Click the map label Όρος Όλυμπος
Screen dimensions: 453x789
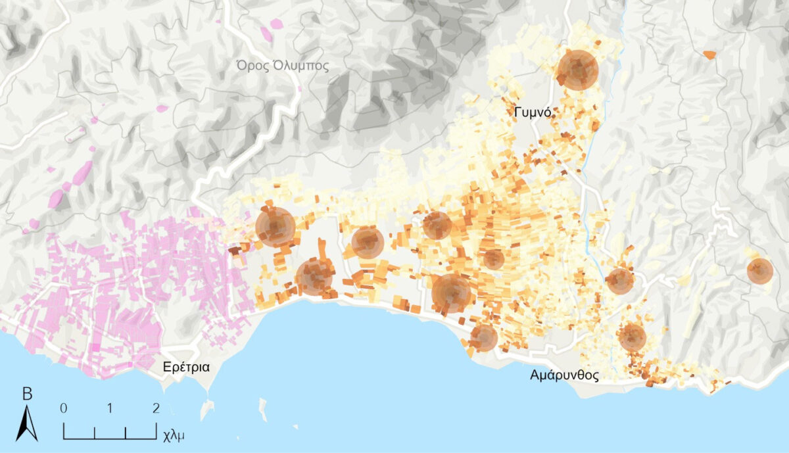pos(283,65)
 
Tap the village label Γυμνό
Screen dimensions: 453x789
pos(532,113)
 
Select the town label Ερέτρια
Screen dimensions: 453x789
pos(187,367)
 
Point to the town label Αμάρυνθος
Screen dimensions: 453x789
pos(565,376)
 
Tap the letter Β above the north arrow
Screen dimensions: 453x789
pos(27,394)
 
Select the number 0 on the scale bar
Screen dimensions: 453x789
pos(63,408)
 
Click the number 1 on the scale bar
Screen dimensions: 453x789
pos(109,408)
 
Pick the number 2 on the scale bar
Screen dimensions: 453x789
pos(156,408)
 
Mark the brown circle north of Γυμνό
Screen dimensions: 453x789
pos(577,70)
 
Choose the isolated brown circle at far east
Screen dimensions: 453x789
pos(759,271)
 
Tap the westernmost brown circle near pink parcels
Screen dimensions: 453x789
pos(275,226)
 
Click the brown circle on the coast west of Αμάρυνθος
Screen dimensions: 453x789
pos(484,337)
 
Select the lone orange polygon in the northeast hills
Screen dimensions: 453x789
pos(709,55)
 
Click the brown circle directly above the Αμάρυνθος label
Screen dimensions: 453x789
pos(632,337)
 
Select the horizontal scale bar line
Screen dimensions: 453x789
pos(110,437)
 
